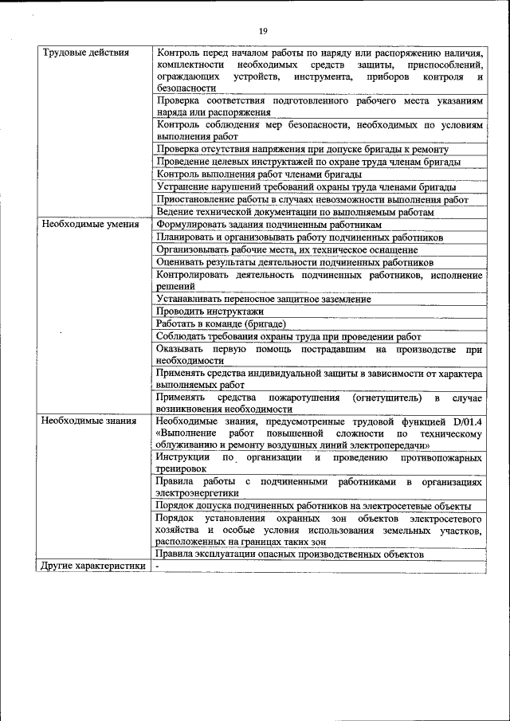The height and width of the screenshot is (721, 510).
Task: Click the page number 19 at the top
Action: (263, 30)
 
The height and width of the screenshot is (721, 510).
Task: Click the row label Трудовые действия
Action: (85, 53)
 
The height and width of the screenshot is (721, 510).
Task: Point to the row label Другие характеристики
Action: (93, 566)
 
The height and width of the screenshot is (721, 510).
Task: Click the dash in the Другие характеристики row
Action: (158, 566)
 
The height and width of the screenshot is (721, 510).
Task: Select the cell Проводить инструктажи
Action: (198, 312)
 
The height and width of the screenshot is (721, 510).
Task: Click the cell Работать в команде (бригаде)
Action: (221, 323)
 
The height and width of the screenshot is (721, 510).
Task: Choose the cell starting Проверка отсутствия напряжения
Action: (303, 149)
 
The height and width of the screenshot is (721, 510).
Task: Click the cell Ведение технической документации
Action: (295, 213)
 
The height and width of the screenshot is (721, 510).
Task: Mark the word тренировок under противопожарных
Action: (184, 469)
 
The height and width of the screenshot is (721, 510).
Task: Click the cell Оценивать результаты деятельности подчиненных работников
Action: (295, 262)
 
